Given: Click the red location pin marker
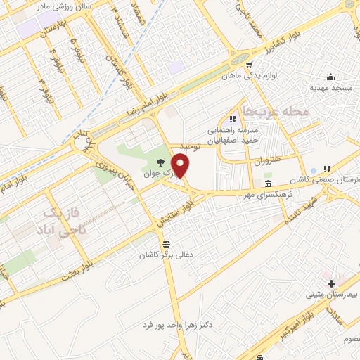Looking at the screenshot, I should point(181,166).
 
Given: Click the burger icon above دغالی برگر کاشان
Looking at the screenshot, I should point(166,244).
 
